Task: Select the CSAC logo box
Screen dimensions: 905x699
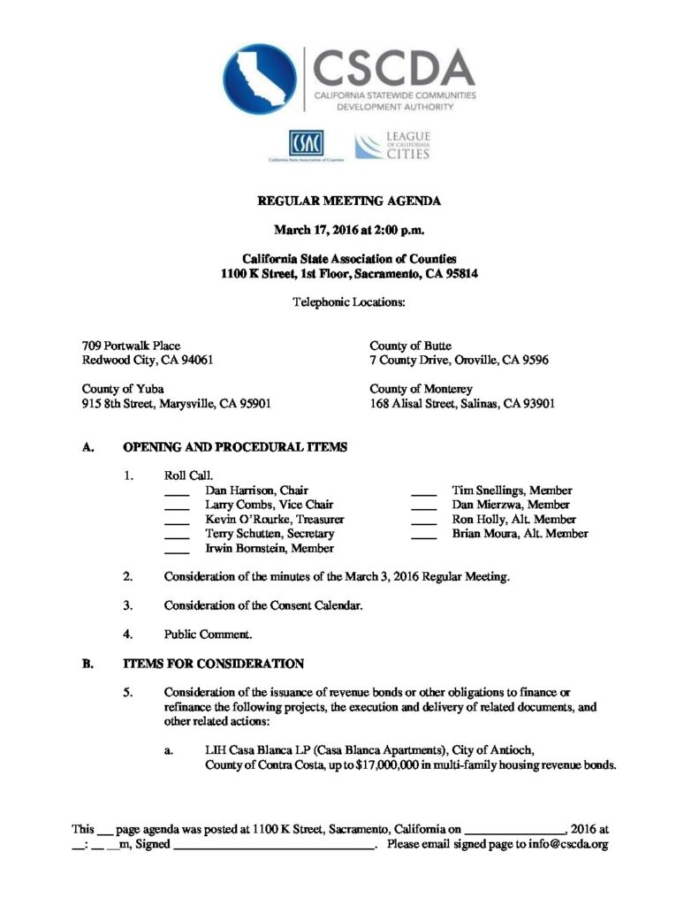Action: [305, 143]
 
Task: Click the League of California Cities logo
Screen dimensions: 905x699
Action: [392, 145]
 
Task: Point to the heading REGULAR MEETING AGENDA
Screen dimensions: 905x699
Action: [349, 202]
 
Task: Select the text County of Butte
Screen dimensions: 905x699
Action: [410, 346]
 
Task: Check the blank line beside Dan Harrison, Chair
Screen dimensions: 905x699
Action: [178, 492]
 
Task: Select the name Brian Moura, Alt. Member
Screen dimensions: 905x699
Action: [520, 534]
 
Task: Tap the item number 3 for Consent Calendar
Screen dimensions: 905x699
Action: [128, 605]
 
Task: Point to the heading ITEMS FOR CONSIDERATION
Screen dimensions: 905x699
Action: [214, 664]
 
